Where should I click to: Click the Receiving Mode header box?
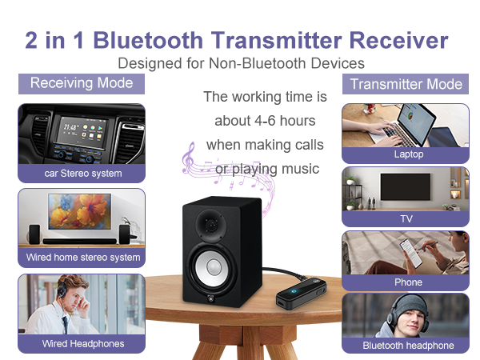point(81,83)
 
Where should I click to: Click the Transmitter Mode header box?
point(406,84)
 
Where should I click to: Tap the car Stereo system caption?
point(82,173)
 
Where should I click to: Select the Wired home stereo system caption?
point(82,258)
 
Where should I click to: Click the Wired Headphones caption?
point(82,343)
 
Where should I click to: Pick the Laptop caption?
point(407,154)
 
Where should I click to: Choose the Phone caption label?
point(407,282)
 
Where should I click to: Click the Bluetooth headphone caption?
point(407,346)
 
